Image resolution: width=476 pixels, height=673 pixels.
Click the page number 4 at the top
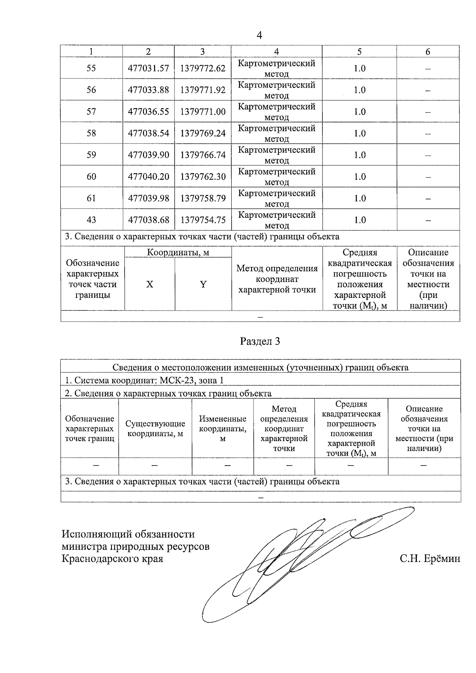[x=259, y=35]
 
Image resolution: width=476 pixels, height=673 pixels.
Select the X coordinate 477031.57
[x=148, y=68]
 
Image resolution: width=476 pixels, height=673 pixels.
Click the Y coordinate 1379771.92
[x=203, y=90]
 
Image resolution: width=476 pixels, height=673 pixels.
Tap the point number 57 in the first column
[x=91, y=111]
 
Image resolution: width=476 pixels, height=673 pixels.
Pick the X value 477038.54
[x=148, y=133]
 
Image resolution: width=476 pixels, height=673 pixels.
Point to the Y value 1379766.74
[x=203, y=155]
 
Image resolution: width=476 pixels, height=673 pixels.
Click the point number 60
[x=91, y=176]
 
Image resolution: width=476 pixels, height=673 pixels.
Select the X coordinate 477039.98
[x=148, y=198]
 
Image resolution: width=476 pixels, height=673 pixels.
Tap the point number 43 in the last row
[x=91, y=220]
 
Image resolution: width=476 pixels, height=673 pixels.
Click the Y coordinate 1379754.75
[x=203, y=220]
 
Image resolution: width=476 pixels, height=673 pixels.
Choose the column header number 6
[x=428, y=52]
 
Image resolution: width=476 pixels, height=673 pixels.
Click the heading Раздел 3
[x=260, y=341]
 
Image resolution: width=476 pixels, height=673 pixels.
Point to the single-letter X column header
[x=150, y=284]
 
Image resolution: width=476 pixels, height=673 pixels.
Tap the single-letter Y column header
[x=203, y=284]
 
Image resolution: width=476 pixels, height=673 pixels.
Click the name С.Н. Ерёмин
[x=430, y=559]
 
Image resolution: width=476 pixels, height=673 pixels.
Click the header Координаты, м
[x=178, y=252]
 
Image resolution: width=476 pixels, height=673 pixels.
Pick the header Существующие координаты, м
[x=155, y=429]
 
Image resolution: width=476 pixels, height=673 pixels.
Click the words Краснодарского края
[x=112, y=559]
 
